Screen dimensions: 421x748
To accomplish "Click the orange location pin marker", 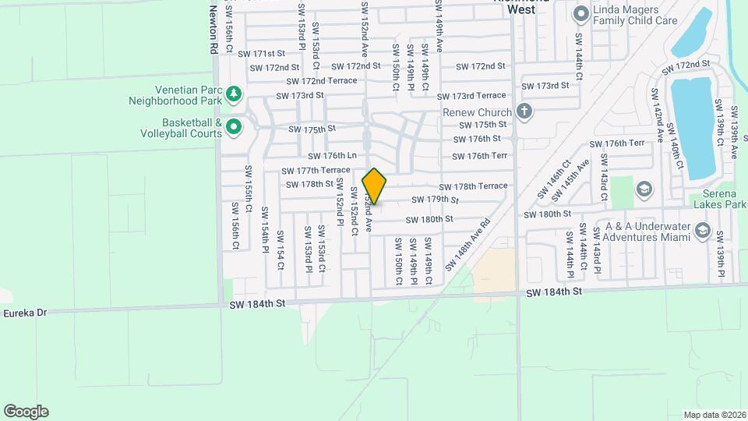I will (375, 186).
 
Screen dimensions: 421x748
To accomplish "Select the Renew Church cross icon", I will (524, 111).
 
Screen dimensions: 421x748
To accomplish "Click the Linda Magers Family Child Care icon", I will (580, 14).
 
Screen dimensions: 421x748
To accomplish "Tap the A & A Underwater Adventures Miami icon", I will (702, 230).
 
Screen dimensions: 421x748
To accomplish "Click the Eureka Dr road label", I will (24, 312).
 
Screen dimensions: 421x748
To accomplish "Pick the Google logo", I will (26, 412).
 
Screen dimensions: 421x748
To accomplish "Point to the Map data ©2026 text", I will (714, 415).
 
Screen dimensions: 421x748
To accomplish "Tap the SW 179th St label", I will (436, 200).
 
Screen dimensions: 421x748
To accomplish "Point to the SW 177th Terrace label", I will (318, 170).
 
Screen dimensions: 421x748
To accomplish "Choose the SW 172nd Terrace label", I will (321, 81).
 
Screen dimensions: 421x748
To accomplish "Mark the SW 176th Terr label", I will (617, 143).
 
